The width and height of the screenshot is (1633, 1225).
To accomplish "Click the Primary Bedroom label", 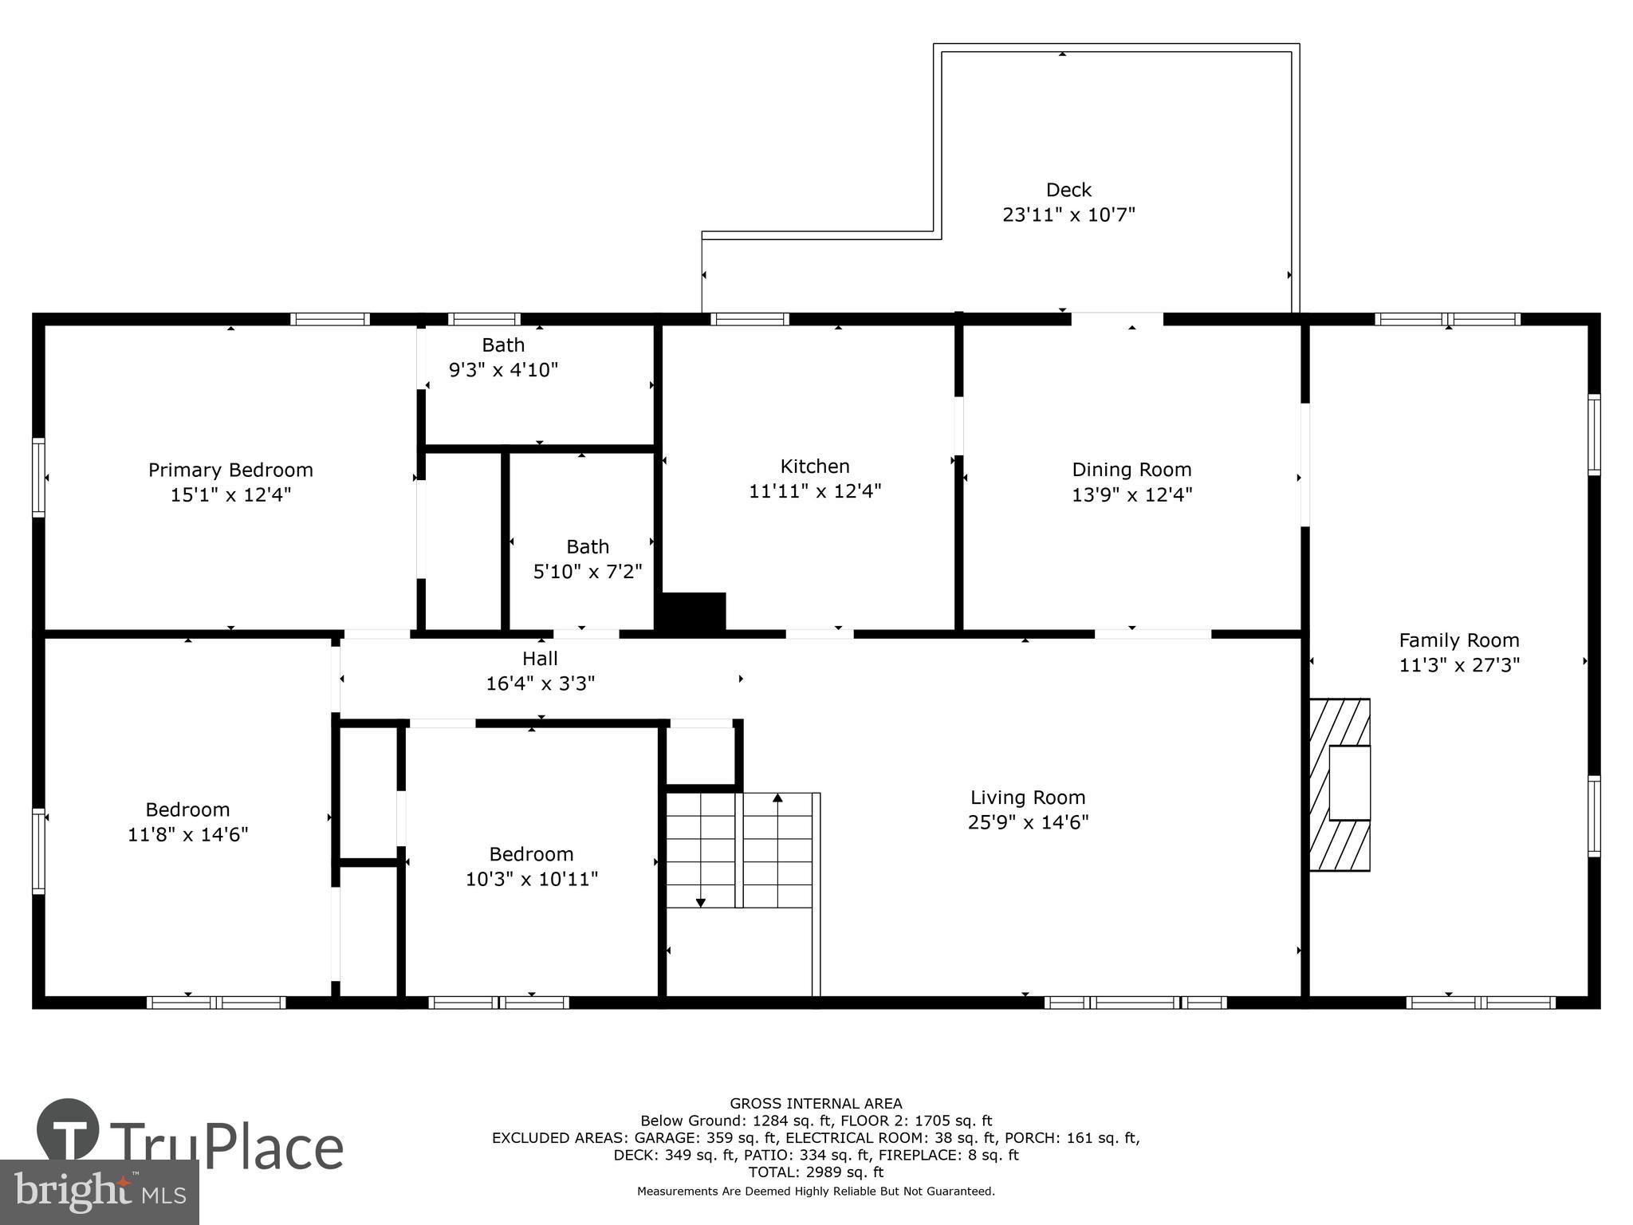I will tap(230, 470).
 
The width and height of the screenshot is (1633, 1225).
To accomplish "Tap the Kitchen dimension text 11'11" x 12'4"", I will tap(815, 491).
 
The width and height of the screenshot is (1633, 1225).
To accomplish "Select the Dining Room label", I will tap(1131, 470).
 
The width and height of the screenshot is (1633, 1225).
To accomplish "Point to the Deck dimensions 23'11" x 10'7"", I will tap(1068, 215).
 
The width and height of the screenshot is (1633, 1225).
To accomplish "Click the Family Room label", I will tap(1459, 640).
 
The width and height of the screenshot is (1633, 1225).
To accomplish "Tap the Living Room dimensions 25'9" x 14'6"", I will tap(1028, 822).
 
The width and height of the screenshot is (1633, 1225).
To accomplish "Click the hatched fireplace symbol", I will tap(1340, 785).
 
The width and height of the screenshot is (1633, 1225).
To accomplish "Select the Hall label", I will tap(540, 659).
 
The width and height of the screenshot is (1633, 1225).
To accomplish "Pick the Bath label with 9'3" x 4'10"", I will tap(503, 345).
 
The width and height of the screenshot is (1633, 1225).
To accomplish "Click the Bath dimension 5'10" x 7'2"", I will tap(588, 572).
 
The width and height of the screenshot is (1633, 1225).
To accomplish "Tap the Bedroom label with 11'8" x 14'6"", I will tap(187, 810).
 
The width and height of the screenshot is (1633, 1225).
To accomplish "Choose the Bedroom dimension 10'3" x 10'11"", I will tap(532, 879).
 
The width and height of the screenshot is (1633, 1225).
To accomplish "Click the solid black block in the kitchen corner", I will tap(691, 613).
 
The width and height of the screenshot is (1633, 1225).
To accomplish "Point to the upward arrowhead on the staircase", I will tap(777, 798).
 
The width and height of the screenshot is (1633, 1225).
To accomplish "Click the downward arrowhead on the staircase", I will tap(700, 903).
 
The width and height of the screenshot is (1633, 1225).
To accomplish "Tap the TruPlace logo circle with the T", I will tap(68, 1130).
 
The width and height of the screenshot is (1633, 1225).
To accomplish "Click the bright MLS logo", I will tap(99, 1192).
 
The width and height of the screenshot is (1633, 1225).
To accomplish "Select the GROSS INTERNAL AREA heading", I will tap(816, 1104).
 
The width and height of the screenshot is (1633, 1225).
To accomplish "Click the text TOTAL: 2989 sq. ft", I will tap(816, 1172).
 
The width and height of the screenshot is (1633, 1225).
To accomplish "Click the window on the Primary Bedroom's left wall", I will tap(38, 477).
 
